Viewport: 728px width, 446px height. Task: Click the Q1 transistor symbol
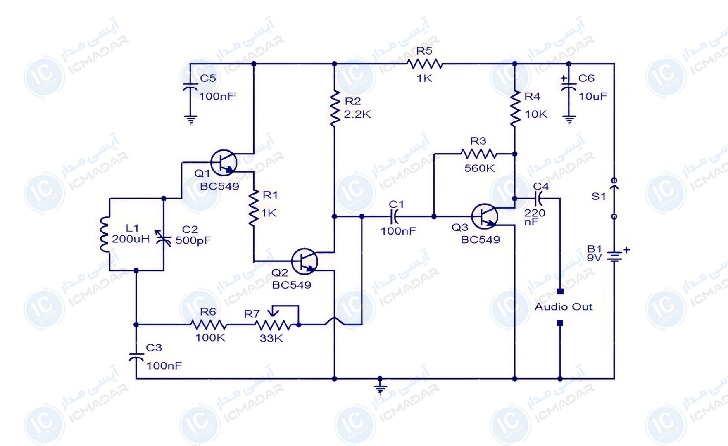tap(224, 163)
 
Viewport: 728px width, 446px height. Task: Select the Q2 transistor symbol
tap(305, 261)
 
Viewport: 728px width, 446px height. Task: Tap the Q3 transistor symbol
tap(485, 216)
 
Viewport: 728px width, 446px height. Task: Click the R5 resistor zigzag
tap(424, 64)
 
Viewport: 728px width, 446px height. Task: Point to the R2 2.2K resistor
tap(335, 108)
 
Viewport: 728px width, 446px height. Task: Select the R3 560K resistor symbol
tap(478, 154)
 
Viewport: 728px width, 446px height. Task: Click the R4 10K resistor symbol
tap(515, 108)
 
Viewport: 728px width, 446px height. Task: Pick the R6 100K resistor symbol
tap(208, 325)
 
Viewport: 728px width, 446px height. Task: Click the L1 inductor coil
tap(104, 234)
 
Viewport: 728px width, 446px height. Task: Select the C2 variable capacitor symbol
tap(164, 237)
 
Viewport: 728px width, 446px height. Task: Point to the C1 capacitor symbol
tap(395, 216)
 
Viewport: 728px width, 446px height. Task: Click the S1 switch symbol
tap(614, 198)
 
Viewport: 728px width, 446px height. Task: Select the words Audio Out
tap(564, 307)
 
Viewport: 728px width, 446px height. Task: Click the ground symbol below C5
tap(190, 120)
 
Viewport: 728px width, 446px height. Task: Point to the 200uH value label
tap(131, 239)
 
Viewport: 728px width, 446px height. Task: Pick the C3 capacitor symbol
tap(136, 357)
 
